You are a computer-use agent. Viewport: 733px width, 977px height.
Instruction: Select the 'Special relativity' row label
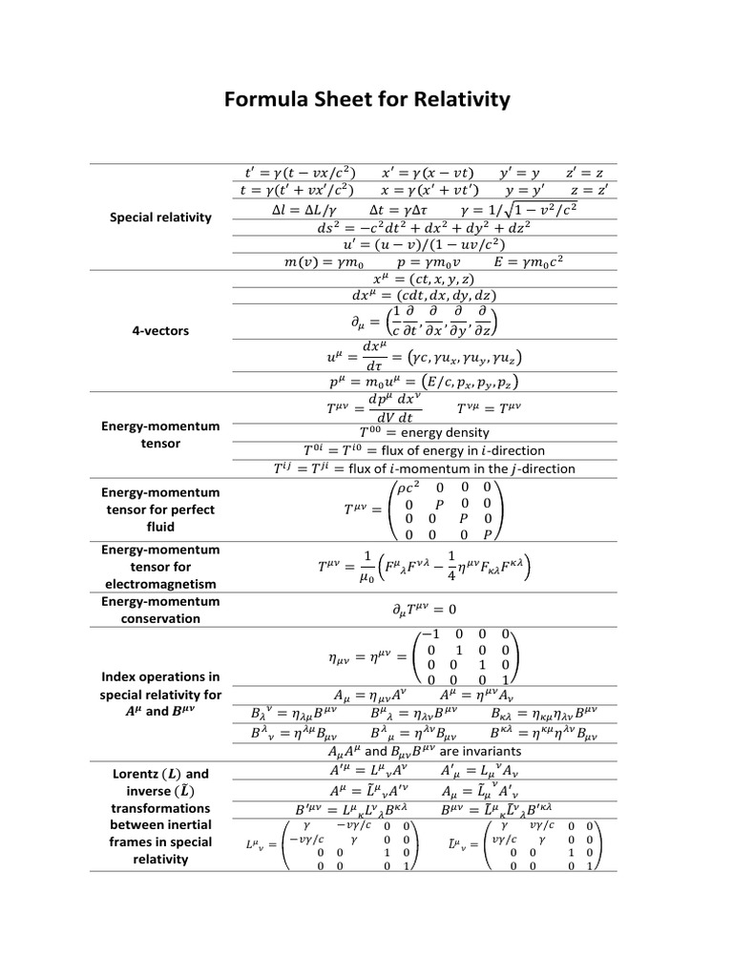[x=160, y=217]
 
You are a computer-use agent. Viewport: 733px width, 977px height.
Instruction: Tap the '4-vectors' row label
[x=160, y=330]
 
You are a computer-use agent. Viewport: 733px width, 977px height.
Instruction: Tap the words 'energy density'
[x=445, y=432]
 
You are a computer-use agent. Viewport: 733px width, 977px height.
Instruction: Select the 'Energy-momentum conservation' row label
[x=160, y=610]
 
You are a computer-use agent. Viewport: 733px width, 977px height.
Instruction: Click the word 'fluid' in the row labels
[x=160, y=526]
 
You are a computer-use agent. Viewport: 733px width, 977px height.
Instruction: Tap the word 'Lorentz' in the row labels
[x=136, y=773]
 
